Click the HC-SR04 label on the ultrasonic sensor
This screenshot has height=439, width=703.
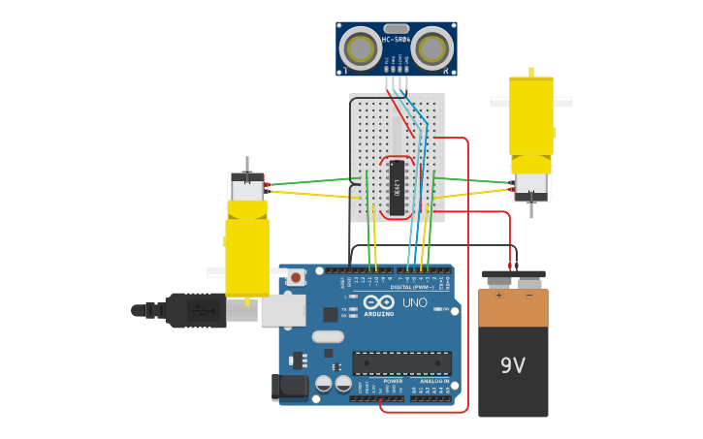pyautogui.click(x=396, y=39)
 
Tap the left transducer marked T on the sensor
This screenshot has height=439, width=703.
pyautogui.click(x=361, y=48)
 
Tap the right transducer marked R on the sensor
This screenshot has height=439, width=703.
pyautogui.click(x=431, y=48)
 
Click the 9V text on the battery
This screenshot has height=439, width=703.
pyautogui.click(x=512, y=365)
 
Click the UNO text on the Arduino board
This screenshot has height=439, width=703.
pyautogui.click(x=414, y=303)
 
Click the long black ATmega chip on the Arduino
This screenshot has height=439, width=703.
pyautogui.click(x=401, y=362)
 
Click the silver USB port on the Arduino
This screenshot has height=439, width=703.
pyautogui.click(x=283, y=310)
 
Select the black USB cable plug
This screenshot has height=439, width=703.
pyautogui.click(x=194, y=310)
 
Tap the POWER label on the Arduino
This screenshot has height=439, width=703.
pyautogui.click(x=393, y=381)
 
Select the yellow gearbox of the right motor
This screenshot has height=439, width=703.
pyautogui.click(x=531, y=116)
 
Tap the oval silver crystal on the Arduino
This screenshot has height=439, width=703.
pyautogui.click(x=328, y=337)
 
